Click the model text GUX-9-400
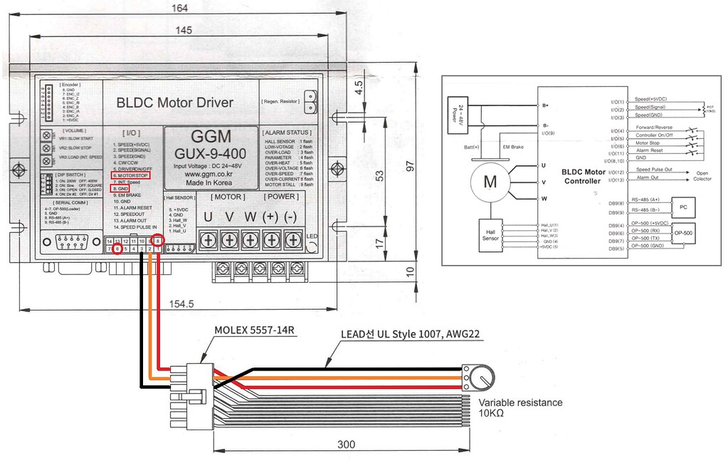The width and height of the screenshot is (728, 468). (211, 154)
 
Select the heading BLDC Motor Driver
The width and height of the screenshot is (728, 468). (174, 103)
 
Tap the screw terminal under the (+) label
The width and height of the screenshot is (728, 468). (270, 241)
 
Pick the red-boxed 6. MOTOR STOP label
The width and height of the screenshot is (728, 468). (130, 175)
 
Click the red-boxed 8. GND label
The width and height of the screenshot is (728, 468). (120, 189)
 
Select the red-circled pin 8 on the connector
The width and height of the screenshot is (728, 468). (159, 241)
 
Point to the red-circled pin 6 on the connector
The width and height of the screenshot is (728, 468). (117, 249)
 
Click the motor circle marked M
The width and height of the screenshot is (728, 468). (490, 181)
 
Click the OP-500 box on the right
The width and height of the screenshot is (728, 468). (684, 234)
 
